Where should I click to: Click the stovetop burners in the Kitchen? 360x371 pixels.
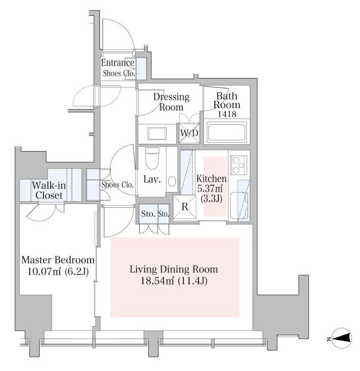point(238,165)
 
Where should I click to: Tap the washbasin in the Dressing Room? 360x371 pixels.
point(157,134)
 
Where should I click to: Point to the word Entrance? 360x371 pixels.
point(118,63)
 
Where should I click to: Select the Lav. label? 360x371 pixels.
point(152,180)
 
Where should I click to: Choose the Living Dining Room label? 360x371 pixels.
point(174,270)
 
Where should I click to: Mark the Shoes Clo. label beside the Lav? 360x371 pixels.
point(117,184)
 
